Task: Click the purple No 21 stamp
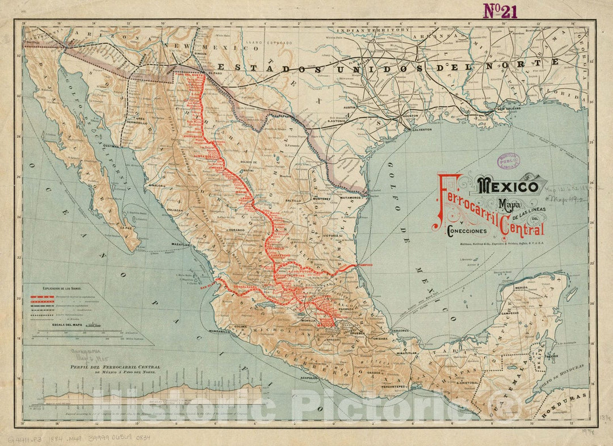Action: pyautogui.click(x=499, y=11)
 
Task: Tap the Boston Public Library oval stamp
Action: pyautogui.click(x=509, y=161)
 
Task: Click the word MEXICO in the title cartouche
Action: pyautogui.click(x=508, y=186)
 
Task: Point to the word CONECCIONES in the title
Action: pyautogui.click(x=467, y=232)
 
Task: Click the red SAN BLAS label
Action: pyautogui.click(x=208, y=287)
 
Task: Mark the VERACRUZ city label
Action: pyautogui.click(x=401, y=330)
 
